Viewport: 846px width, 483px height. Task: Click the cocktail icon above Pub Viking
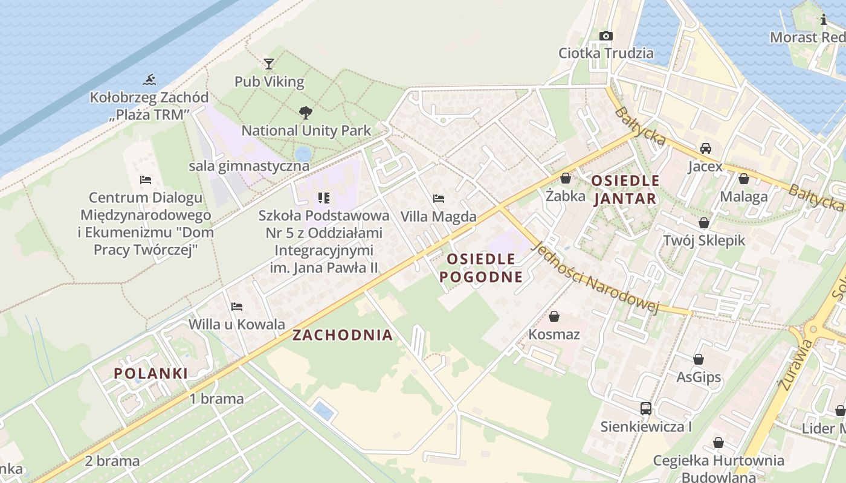coord(269,63)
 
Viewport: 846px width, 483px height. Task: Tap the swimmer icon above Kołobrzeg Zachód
coord(149,79)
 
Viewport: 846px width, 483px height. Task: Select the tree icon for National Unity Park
coord(306,112)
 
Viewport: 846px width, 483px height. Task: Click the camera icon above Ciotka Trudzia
coord(605,36)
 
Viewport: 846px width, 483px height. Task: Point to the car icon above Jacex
coord(705,148)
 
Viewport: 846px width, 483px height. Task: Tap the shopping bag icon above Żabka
coord(566,178)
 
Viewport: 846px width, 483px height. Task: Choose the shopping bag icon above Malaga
coord(744,179)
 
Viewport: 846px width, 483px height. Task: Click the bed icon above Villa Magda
coord(439,198)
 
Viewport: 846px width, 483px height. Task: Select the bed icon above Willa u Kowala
coord(236,307)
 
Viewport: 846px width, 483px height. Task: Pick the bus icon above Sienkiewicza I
coord(646,409)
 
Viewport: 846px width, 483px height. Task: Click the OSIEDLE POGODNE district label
coord(481,268)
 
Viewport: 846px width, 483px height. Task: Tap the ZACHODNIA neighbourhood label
coord(343,335)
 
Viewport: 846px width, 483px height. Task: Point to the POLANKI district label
coord(151,373)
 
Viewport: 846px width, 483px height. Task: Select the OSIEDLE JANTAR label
coord(625,190)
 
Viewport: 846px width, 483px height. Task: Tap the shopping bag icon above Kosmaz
coord(554,316)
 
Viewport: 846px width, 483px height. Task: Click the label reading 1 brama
coord(216,398)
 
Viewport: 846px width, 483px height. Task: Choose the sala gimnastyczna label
coord(249,166)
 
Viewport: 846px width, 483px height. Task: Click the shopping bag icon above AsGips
coord(699,359)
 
